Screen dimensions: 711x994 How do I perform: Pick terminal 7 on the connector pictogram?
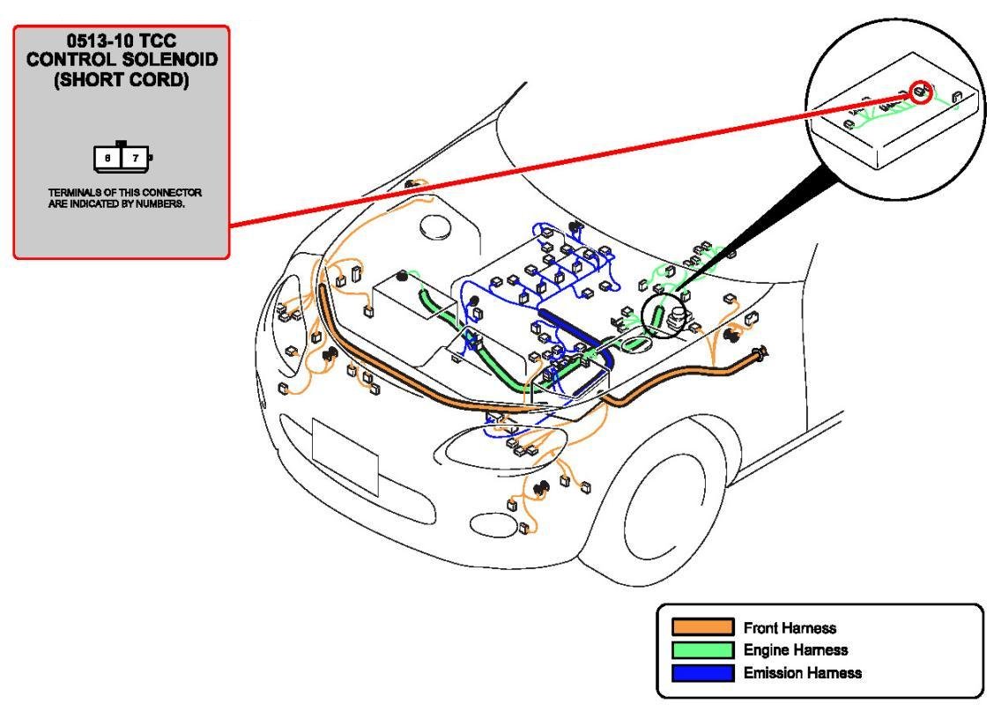[135, 158]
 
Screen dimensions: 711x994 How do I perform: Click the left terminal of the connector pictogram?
[108, 158]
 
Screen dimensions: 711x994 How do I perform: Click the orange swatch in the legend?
[702, 627]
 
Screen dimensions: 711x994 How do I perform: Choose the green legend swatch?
[702, 650]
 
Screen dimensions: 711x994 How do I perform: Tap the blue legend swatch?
[702, 673]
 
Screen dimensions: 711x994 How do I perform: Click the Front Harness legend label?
[790, 628]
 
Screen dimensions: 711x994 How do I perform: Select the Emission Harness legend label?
[802, 673]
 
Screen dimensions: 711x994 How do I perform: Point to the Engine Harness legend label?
[795, 650]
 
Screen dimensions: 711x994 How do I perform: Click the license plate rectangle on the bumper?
[345, 457]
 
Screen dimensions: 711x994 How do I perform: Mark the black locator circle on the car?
[663, 315]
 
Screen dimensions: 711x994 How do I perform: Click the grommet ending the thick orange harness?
[758, 355]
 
